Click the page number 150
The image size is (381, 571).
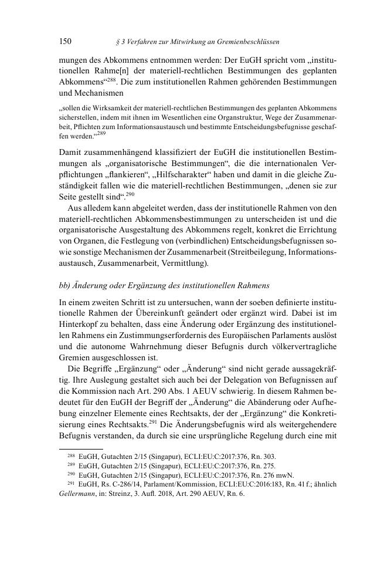[x=65, y=42]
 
